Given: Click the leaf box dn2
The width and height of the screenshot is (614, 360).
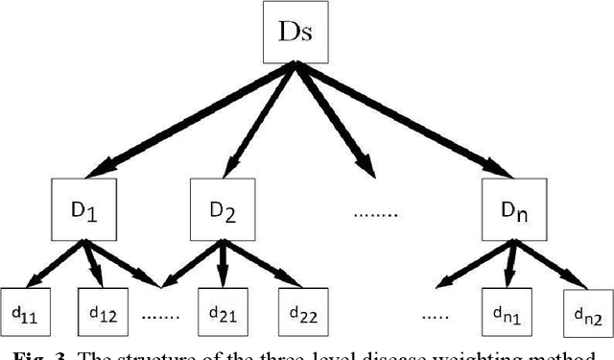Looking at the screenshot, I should pos(583,312).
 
